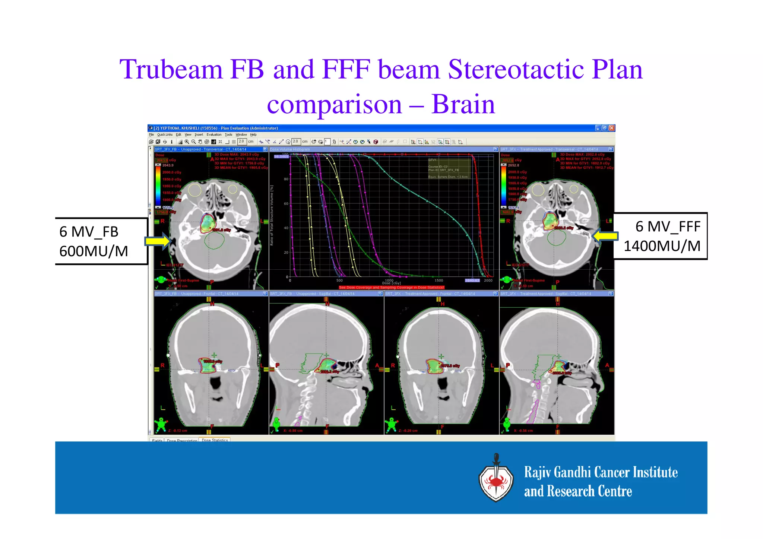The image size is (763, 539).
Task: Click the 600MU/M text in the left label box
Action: (94, 251)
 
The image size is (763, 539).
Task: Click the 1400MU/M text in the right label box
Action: (662, 246)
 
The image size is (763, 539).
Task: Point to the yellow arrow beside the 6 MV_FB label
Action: (158, 241)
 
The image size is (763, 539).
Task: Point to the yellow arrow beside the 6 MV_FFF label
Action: (605, 236)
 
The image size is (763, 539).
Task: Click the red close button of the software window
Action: (611, 128)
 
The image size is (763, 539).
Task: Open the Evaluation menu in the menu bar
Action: (214, 135)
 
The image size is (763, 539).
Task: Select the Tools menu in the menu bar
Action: (228, 135)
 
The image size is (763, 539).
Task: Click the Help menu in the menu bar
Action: (253, 135)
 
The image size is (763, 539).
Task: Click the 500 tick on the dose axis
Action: (339, 280)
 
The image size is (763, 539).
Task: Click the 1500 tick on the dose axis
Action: (439, 280)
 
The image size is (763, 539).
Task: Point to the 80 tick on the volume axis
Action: (286, 179)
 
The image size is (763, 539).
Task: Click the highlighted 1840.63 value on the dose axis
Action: (472, 280)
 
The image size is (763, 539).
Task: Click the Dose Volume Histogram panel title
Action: (290, 149)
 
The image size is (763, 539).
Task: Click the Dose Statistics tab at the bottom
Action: (215, 440)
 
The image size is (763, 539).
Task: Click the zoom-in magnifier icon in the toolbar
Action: (187, 142)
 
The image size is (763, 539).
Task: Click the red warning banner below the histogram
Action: (391, 288)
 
